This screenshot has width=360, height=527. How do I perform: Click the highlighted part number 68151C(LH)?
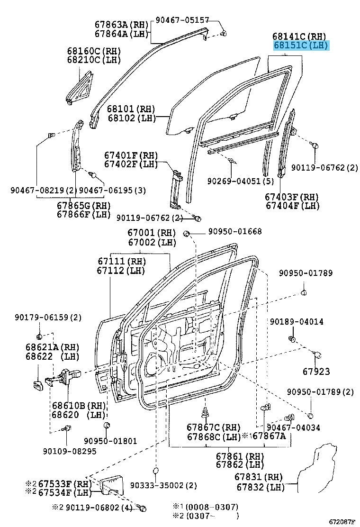301,45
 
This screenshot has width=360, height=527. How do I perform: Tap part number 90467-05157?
182,20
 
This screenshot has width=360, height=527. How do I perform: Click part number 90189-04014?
297,321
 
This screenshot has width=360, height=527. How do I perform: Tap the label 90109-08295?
69,451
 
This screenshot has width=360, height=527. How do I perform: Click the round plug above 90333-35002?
155,470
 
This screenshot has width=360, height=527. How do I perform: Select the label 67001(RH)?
151,233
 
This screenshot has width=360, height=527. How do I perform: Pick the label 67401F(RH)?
131,155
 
